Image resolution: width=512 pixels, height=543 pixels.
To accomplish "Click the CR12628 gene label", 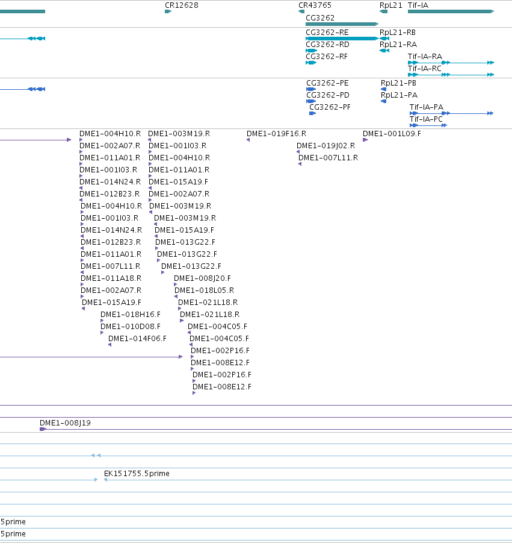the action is pyautogui.click(x=182, y=5).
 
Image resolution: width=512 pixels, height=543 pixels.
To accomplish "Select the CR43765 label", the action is pyautogui.click(x=315, y=5).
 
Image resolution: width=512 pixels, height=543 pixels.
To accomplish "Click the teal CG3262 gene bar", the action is pyautogui.click(x=342, y=24).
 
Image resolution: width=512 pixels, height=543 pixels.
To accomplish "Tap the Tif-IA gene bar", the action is pyautogui.click(x=451, y=11).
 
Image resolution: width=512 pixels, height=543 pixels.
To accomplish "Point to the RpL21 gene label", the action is pyautogui.click(x=390, y=5).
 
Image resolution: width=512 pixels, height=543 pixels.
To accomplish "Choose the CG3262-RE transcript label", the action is pyautogui.click(x=327, y=32).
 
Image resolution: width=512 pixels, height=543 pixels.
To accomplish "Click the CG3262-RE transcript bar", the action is pyautogui.click(x=342, y=39).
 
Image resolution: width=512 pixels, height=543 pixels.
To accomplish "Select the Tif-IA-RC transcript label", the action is pyautogui.click(x=425, y=69).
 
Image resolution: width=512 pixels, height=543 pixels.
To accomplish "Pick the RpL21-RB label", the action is pyautogui.click(x=398, y=32).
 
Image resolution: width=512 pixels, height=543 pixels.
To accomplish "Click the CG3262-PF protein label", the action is pyautogui.click(x=330, y=107).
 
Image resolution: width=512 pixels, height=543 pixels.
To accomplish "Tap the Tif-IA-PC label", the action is pyautogui.click(x=426, y=119).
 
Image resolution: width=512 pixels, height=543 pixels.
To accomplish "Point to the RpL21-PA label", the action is pyautogui.click(x=399, y=95).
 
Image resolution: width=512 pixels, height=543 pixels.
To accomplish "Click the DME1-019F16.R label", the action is pyautogui.click(x=276, y=134).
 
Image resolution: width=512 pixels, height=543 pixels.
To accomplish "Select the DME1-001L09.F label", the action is pyautogui.click(x=392, y=134).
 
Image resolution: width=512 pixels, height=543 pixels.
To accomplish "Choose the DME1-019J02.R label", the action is pyautogui.click(x=325, y=146).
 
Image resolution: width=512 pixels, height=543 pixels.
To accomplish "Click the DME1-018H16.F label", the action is pyautogui.click(x=131, y=315).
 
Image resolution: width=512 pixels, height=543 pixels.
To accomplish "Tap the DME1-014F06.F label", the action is pyautogui.click(x=137, y=338).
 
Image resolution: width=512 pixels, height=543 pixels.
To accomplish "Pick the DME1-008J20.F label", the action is pyautogui.click(x=202, y=278).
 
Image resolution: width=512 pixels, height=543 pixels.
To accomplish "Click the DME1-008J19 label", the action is pyautogui.click(x=65, y=423).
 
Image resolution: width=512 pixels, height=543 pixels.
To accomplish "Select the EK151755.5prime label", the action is pyautogui.click(x=137, y=474).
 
